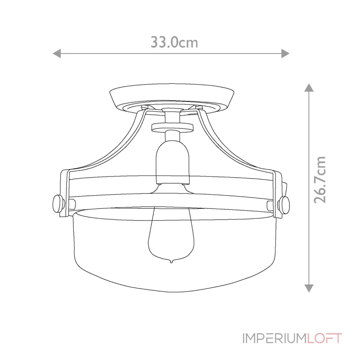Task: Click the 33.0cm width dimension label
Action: click(174, 42)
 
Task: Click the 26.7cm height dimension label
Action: click(320, 180)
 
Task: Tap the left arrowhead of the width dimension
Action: click(57, 54)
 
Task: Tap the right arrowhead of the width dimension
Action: click(285, 54)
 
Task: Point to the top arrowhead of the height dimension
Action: click(309, 88)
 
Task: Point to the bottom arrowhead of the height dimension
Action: click(309, 288)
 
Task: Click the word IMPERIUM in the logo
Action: click(274, 338)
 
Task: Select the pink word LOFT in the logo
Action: click(324, 338)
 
